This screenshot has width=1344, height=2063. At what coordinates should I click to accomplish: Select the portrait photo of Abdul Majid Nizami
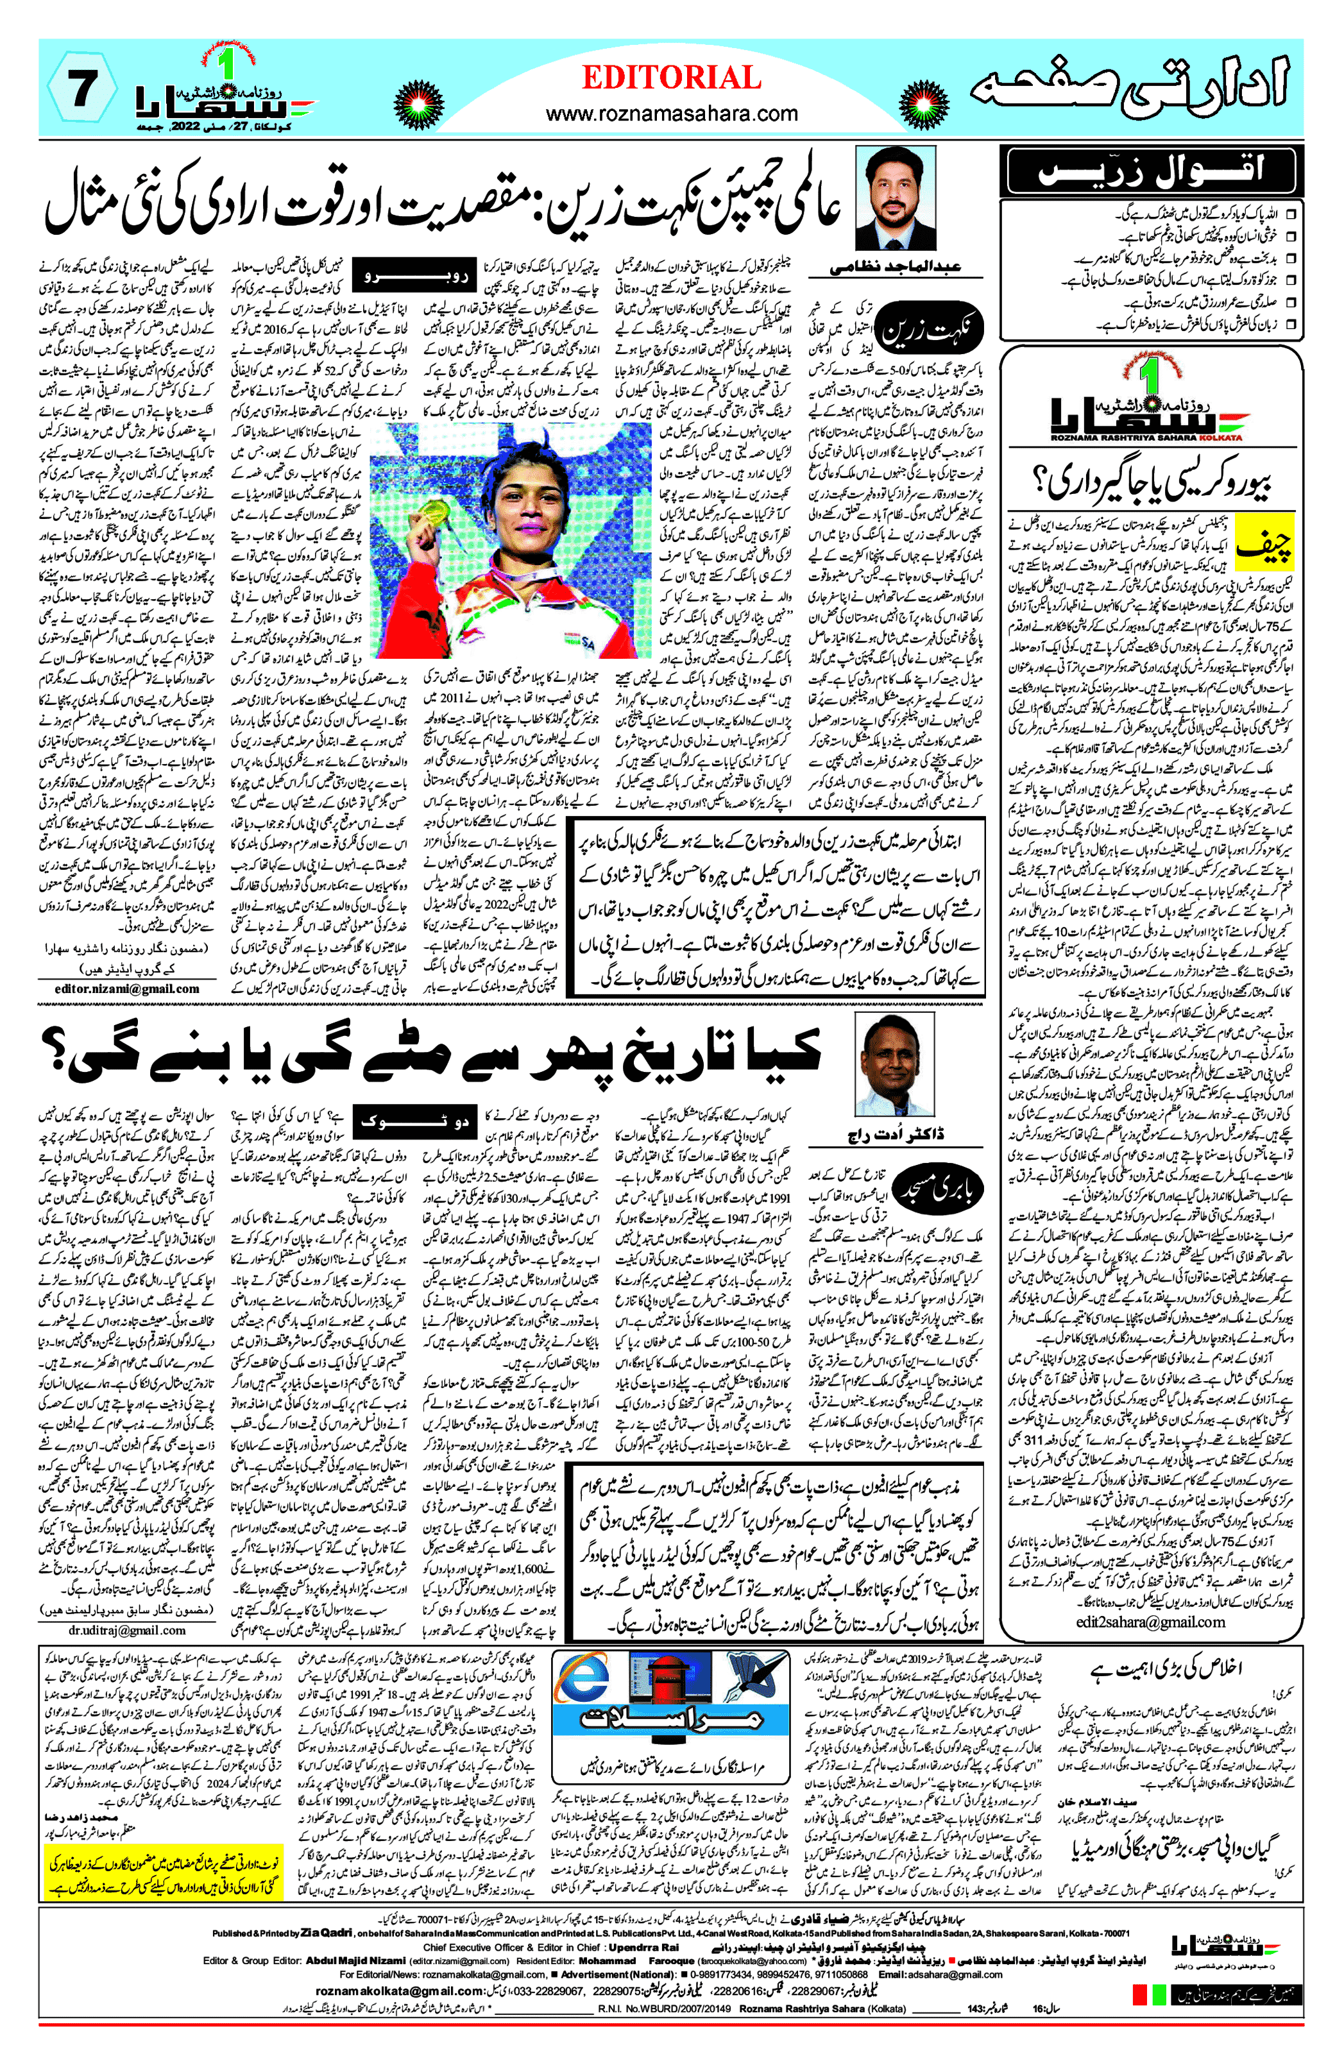pyautogui.click(x=896, y=200)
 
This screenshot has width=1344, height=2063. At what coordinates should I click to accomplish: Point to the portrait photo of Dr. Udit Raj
pyautogui.click(x=895, y=1064)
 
